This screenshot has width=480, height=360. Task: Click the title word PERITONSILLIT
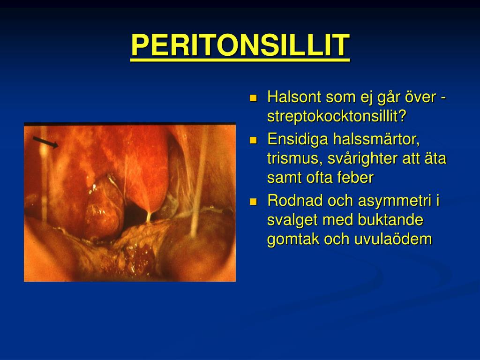click(240, 45)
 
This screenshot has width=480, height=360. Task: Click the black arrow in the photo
click(46, 142)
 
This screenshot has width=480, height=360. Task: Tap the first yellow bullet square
click(254, 98)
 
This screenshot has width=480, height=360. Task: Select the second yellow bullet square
click(254, 140)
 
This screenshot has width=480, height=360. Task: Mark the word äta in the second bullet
click(436, 158)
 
